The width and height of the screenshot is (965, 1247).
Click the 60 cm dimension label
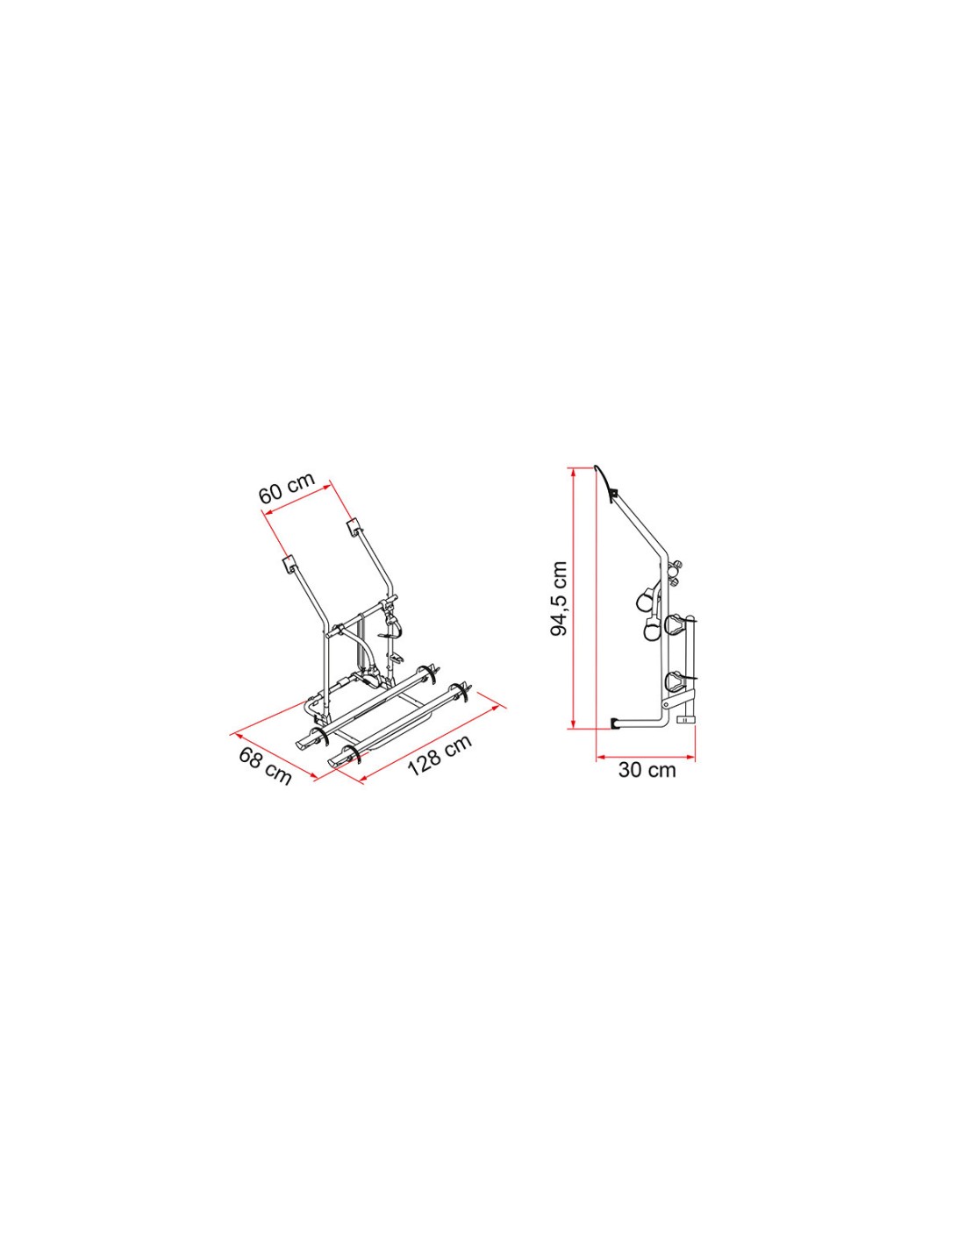[287, 488]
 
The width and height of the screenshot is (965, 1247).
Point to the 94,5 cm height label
[558, 599]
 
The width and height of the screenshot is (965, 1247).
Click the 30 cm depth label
[647, 770]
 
